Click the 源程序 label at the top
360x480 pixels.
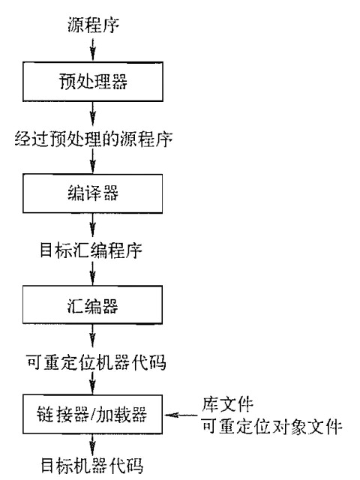[93, 25]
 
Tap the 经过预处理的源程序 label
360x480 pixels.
[93, 139]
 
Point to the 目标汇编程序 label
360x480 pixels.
[91, 250]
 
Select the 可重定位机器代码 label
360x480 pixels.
[96, 362]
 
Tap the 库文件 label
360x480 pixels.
[227, 404]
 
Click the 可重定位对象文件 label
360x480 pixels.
[271, 427]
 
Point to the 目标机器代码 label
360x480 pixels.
[91, 466]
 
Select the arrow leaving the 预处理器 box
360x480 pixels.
[93, 114]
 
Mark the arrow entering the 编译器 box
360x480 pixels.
[93, 162]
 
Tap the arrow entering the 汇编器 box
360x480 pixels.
[93, 273]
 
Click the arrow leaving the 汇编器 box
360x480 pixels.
[93, 336]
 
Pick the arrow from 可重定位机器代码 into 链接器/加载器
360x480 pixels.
[93, 383]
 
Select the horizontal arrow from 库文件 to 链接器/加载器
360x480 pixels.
[181, 415]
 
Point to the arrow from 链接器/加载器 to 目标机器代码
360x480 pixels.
[93, 445]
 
